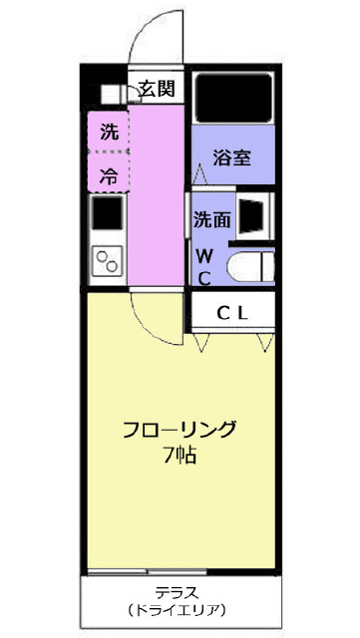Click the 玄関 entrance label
coord(157,88)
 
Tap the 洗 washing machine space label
coord(109,132)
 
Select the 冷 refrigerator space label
coord(109,176)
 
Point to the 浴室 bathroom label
coord(231,158)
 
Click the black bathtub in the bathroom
coord(233,98)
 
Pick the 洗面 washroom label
coord(211,219)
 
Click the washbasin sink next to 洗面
coord(251,215)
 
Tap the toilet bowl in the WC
coord(250,266)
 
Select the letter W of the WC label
coord(204,257)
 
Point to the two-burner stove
coord(107,261)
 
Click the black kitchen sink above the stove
coord(107,212)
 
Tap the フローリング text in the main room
coord(180,430)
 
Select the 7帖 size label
coord(180,456)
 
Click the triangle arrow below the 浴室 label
coord(199,174)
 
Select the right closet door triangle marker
coord(266,342)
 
